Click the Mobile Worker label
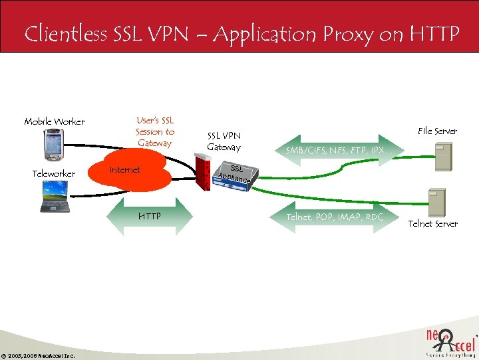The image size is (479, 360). click(x=55, y=121)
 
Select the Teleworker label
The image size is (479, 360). click(x=54, y=173)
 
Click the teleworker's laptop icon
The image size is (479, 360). click(x=56, y=198)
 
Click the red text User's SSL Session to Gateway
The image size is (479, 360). click(x=155, y=131)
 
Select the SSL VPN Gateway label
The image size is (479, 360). click(x=224, y=141)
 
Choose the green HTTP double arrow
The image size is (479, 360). click(x=149, y=216)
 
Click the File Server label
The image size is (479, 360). click(x=437, y=131)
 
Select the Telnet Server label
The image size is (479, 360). click(x=432, y=223)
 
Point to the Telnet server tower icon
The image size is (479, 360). click(x=436, y=201)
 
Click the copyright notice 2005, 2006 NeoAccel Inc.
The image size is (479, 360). click(x=38, y=355)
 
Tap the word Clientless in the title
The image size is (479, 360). click(x=65, y=33)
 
